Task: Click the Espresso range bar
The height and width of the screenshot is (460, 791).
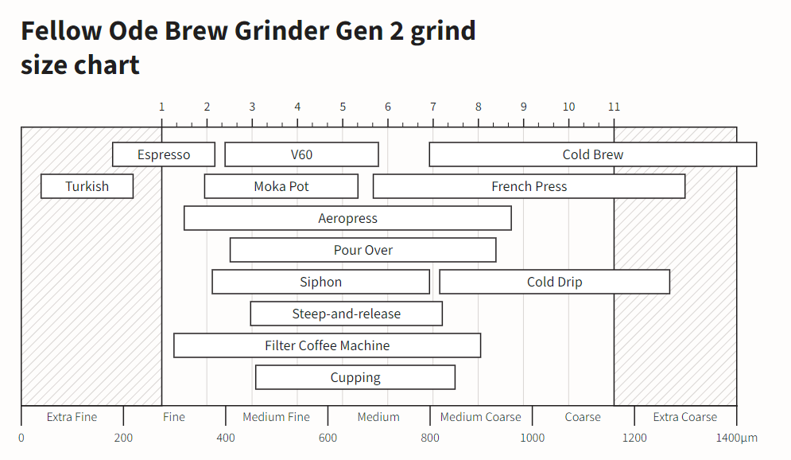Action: [x=164, y=154]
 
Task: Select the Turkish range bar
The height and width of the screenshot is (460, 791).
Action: [x=87, y=186]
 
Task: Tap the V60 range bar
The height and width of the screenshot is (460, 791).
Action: [x=302, y=154]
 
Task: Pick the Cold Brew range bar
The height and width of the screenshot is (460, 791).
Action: [x=593, y=154]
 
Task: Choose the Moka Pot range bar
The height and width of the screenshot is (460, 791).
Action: [x=281, y=186]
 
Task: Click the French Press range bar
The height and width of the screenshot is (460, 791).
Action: [x=529, y=186]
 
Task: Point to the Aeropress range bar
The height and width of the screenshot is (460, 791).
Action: [x=347, y=218]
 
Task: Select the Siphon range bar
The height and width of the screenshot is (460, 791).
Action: [x=321, y=282]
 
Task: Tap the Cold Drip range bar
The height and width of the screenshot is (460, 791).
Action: [x=555, y=282]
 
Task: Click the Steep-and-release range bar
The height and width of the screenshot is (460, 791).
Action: [x=347, y=314]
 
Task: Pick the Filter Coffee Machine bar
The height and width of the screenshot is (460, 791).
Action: [x=328, y=345]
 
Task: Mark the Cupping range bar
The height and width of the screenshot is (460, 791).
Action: [x=355, y=377]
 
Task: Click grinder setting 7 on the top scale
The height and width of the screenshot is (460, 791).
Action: [x=433, y=107]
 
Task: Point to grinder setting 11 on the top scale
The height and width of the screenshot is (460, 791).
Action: [x=614, y=107]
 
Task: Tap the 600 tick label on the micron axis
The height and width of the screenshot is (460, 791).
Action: [x=328, y=438]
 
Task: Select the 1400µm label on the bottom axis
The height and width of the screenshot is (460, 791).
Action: [x=737, y=438]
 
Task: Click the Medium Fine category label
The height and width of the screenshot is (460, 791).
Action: [x=277, y=417]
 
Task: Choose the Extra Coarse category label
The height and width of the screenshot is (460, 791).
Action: [x=685, y=417]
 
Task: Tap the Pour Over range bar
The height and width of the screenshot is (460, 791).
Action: [x=363, y=250]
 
